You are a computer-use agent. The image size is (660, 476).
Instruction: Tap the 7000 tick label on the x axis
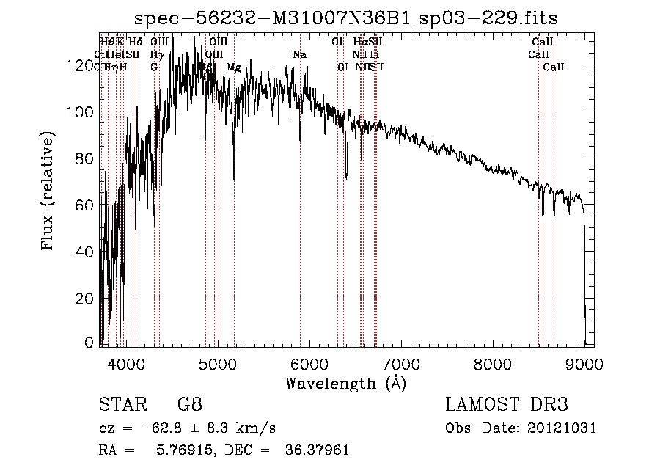click(x=401, y=363)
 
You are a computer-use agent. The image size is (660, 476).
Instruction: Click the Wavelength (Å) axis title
click(x=345, y=384)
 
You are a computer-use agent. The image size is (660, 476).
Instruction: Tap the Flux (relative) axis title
click(x=49, y=192)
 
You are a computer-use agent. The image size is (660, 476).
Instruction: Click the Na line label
click(x=298, y=54)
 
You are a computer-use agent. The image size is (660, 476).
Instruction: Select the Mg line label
click(x=233, y=67)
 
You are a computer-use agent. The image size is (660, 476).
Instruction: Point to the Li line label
click(x=374, y=54)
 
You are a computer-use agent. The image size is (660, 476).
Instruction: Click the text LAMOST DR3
click(x=506, y=404)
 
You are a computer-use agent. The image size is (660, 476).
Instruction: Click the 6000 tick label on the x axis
click(x=309, y=363)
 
